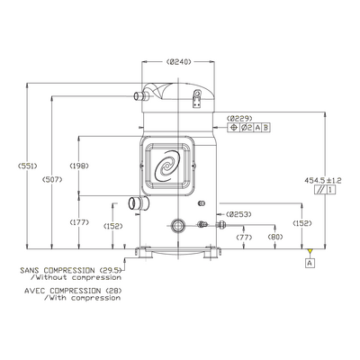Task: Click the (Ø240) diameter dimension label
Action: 178,62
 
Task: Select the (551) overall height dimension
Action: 28,166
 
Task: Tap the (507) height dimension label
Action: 52,180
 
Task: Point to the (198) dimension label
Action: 79,166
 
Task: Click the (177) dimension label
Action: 79,222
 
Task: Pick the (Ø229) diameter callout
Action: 239,118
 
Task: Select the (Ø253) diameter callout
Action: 238,214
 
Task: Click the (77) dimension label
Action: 244,237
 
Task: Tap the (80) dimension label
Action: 275,237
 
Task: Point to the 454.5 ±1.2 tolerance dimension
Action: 323,180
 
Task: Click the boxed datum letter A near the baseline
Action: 310,263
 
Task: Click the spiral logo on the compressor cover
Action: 167,166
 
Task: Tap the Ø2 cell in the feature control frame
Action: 247,128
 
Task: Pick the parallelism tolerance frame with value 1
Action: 325,190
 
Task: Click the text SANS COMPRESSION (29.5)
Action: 72,270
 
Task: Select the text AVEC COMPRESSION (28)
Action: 73,291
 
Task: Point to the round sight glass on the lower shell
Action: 177,226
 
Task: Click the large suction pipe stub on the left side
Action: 139,203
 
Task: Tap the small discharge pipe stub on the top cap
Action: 141,96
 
